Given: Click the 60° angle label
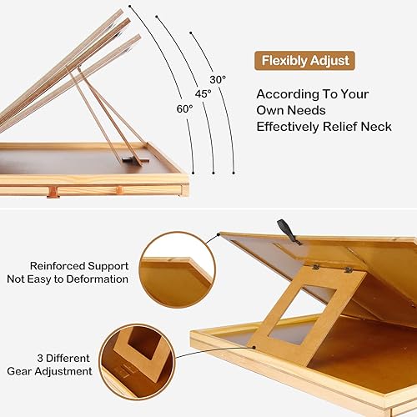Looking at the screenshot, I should point(183,108).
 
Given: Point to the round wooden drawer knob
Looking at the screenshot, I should point(118,193).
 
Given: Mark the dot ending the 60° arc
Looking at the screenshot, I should point(193,173).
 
